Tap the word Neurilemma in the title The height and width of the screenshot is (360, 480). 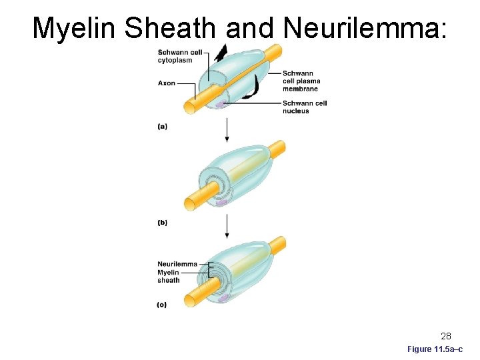364,28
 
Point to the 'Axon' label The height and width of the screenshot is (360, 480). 167,83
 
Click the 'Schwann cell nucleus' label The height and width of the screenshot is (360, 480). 304,107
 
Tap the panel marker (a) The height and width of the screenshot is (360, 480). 162,126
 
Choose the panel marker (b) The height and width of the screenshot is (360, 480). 162,223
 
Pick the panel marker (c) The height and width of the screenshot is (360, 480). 162,305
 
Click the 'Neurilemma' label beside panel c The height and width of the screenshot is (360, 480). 177,263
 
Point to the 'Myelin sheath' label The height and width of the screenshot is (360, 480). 169,276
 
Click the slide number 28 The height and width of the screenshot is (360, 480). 445,336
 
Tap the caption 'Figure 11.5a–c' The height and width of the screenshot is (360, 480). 435,349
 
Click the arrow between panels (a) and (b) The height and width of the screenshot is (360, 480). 227,130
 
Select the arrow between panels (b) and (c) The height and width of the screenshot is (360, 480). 227,227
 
